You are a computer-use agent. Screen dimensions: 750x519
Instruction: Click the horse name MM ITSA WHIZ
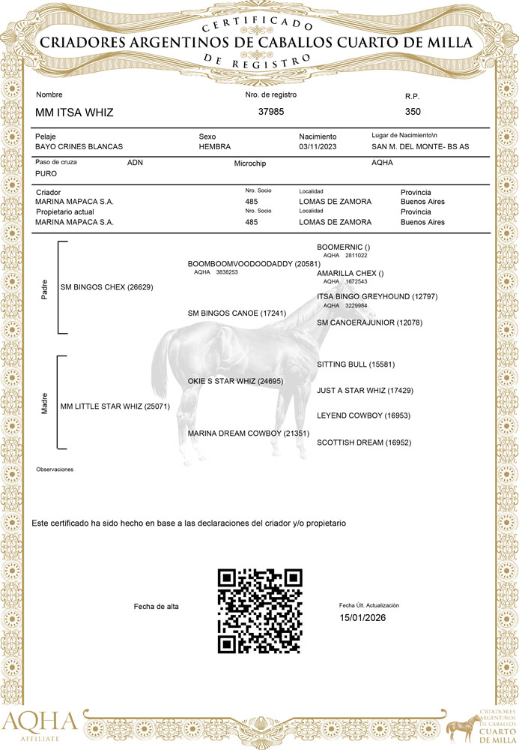click(74, 112)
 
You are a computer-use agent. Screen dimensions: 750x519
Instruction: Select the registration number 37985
click(270, 112)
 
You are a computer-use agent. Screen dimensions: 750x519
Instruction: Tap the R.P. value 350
click(413, 112)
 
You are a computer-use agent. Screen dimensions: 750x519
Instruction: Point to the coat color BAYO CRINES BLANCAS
click(79, 146)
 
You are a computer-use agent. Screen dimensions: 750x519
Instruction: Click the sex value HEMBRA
click(214, 146)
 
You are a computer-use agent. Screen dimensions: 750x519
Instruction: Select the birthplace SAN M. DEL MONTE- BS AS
click(420, 146)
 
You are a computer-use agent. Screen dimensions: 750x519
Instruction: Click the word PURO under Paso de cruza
click(46, 173)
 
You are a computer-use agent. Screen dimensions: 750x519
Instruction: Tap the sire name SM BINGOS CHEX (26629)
click(106, 287)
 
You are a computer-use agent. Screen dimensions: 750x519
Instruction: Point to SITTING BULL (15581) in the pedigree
click(356, 364)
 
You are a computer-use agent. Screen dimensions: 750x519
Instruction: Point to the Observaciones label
click(55, 469)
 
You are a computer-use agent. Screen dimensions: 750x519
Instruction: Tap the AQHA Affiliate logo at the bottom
click(39, 725)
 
